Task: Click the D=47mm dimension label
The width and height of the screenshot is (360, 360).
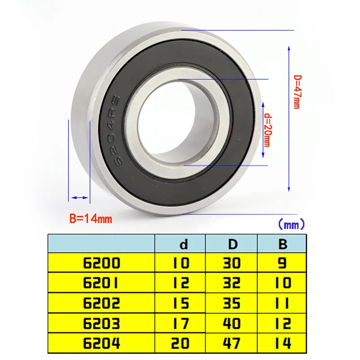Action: pyautogui.click(x=296, y=91)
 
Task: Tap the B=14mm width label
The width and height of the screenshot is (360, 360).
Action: pyautogui.click(x=90, y=219)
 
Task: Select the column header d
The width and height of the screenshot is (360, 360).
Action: pyautogui.click(x=184, y=244)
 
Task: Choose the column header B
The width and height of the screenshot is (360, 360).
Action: pyautogui.click(x=283, y=244)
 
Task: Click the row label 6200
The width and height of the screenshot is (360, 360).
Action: pyautogui.click(x=101, y=263)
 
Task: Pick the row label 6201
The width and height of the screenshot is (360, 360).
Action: pyautogui.click(x=101, y=283)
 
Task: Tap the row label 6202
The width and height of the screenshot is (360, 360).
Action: pyautogui.click(x=101, y=303)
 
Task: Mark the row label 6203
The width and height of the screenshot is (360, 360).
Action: pyautogui.click(x=101, y=323)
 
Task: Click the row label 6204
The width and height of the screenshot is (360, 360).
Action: pyautogui.click(x=101, y=344)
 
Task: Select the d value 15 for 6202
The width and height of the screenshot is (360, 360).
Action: pyautogui.click(x=181, y=303)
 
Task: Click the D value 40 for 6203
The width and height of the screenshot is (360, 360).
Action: pyautogui.click(x=232, y=323)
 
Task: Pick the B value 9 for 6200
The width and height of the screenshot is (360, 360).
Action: pyautogui.click(x=282, y=263)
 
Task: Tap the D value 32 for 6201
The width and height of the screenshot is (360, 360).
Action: pyautogui.click(x=232, y=283)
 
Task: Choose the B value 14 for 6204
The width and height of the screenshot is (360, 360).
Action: pyautogui.click(x=282, y=344)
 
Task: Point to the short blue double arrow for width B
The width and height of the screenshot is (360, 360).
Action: pyautogui.click(x=79, y=198)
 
